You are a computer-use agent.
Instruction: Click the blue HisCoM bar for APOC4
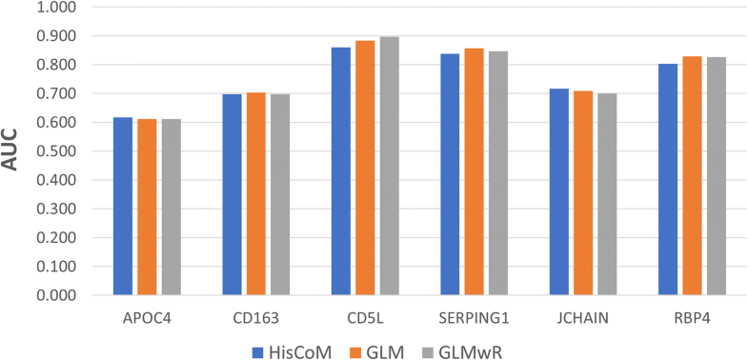(123, 206)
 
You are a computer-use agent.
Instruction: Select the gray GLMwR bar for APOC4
(171, 207)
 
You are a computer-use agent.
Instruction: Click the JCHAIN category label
(582, 313)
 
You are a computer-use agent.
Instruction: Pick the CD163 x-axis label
(255, 313)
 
